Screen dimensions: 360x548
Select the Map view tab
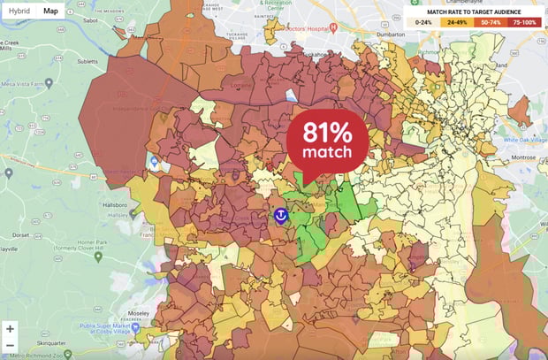click(52, 11)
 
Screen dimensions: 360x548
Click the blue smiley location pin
click(281, 215)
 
